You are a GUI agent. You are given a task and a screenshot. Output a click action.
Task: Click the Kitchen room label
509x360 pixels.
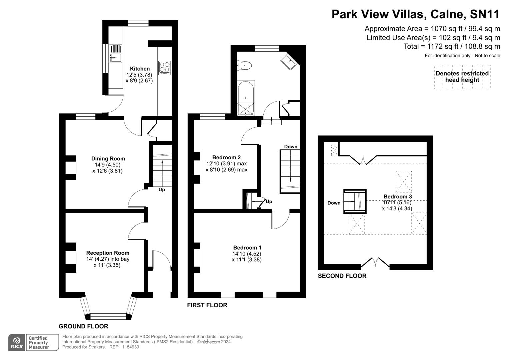140,69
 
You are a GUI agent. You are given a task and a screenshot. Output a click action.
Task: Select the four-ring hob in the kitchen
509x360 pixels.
165,68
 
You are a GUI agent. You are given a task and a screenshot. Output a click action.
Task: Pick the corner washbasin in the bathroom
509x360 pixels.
289,62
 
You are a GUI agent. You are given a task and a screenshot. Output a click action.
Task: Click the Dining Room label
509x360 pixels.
108,159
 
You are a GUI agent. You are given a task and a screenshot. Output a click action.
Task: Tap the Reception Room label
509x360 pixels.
107,253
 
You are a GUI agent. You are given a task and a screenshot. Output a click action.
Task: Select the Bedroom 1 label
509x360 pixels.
247,248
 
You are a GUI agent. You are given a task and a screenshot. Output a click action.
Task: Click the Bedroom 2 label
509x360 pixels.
226,157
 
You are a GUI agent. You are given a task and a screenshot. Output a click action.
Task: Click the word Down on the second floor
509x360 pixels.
334,203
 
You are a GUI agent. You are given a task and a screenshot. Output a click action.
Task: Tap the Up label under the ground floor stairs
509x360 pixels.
162,190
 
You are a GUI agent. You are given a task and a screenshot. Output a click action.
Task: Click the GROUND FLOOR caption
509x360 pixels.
83,326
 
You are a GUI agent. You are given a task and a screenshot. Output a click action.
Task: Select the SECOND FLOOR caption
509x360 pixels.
342,276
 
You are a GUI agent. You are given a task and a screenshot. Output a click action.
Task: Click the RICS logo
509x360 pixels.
16,343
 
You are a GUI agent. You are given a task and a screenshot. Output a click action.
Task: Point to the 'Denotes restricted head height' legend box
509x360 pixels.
462,77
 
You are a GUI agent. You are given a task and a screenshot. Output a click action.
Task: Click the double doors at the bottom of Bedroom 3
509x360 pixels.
375,263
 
